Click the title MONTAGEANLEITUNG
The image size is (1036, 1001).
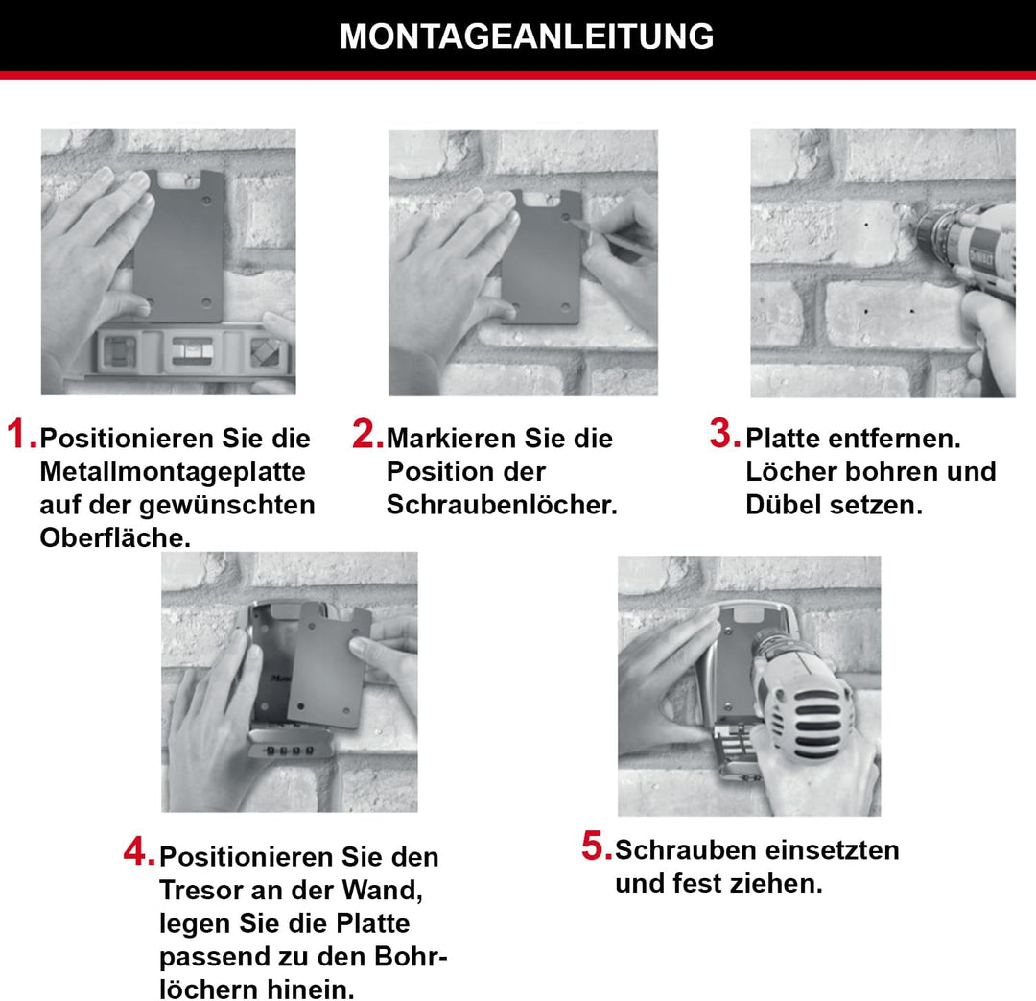(x=527, y=36)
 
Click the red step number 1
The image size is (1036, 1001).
(x=20, y=435)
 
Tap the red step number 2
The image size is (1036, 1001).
(x=366, y=435)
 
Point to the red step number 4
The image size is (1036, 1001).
(x=138, y=851)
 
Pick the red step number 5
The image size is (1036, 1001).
(x=596, y=846)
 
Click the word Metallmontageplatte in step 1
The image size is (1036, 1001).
(x=173, y=472)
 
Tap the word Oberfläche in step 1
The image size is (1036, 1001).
(x=114, y=538)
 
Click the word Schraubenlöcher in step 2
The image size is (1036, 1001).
(x=500, y=506)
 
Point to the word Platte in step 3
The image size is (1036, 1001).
(x=783, y=440)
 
